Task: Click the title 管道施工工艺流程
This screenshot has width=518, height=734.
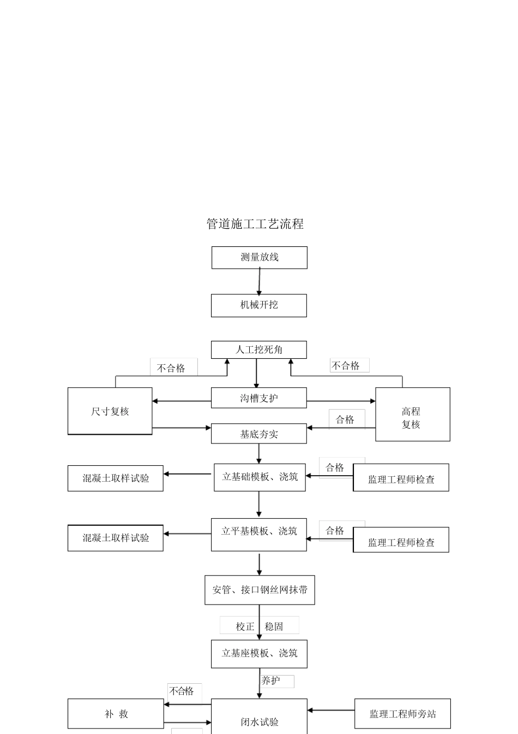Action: click(255, 224)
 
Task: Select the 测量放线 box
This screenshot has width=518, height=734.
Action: click(259, 257)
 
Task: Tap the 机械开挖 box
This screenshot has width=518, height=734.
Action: click(259, 305)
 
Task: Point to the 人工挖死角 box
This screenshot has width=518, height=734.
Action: click(259, 350)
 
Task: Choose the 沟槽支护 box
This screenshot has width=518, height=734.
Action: click(259, 398)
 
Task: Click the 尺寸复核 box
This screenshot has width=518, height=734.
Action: click(110, 411)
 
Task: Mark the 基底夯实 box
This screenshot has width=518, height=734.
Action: click(259, 434)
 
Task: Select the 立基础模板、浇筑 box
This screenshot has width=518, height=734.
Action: click(260, 477)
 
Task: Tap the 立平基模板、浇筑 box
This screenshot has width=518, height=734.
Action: click(259, 534)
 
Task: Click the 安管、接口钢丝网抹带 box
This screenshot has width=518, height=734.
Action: click(260, 590)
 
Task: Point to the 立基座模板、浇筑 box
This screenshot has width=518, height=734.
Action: click(259, 654)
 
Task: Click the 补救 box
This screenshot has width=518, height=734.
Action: click(116, 714)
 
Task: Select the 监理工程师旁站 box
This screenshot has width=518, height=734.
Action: click(402, 714)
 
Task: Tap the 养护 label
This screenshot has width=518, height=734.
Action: click(272, 681)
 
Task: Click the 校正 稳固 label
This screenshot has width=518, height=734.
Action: click(260, 626)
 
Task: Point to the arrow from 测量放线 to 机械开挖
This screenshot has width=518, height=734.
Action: click(259, 282)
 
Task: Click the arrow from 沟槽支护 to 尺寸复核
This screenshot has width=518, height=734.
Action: click(181, 401)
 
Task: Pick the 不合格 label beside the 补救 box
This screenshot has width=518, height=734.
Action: click(182, 691)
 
